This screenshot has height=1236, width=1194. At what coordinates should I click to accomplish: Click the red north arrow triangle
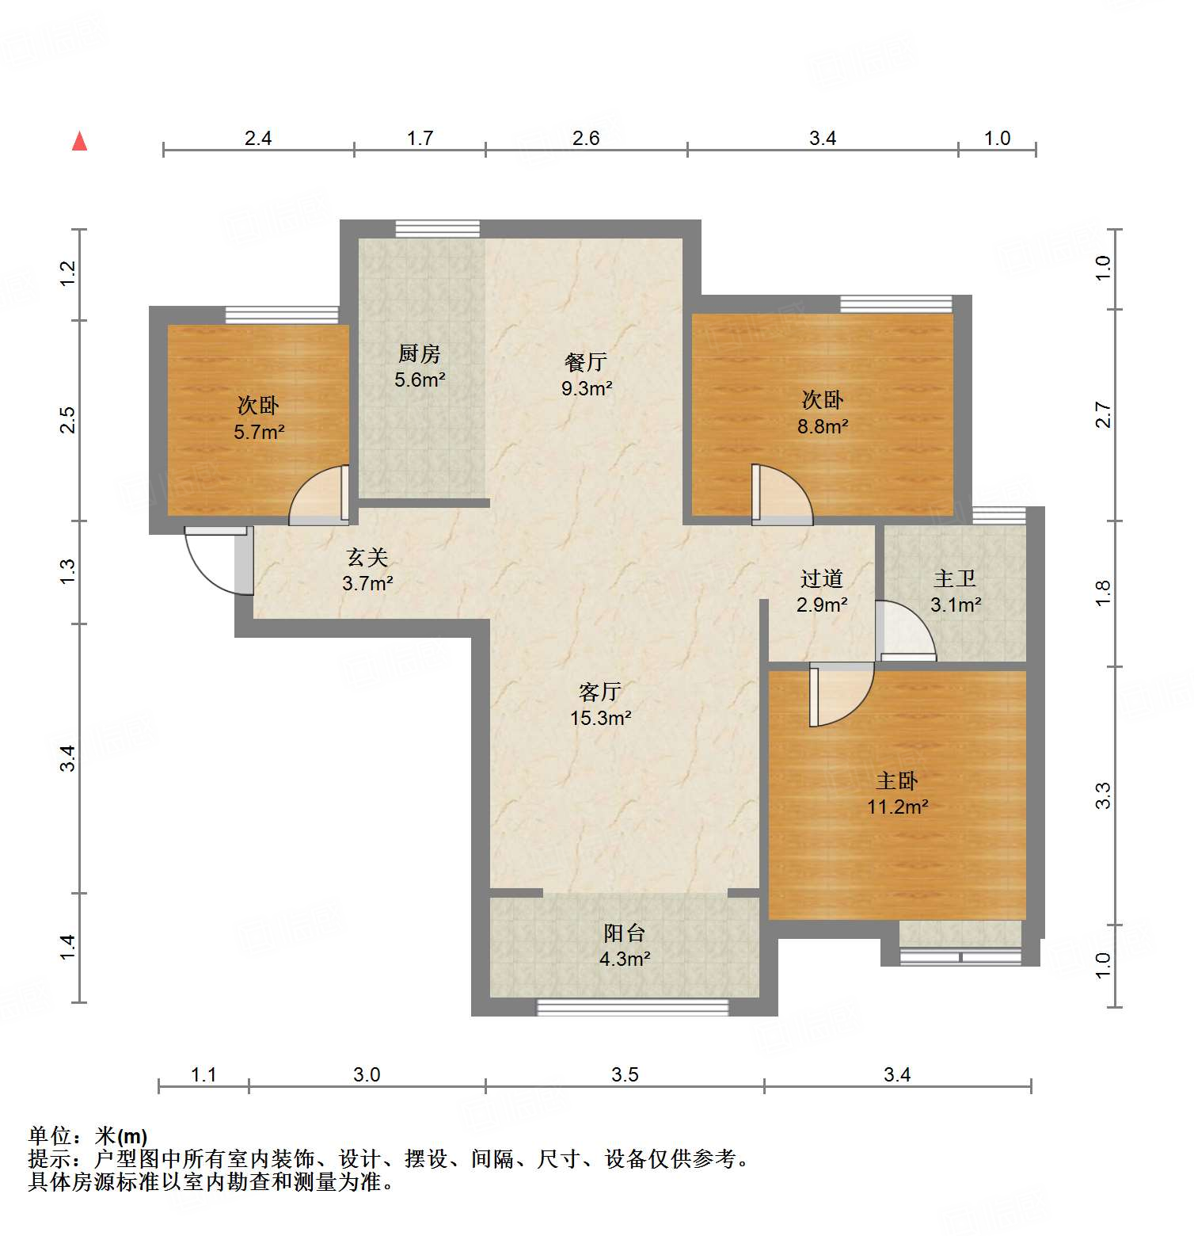click(79, 142)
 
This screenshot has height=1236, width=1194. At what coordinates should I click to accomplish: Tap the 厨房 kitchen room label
click(419, 353)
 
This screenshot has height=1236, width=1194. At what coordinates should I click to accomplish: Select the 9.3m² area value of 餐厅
click(587, 388)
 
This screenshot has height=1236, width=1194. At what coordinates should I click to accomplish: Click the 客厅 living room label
click(599, 692)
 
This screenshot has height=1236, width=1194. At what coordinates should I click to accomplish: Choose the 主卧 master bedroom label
click(896, 780)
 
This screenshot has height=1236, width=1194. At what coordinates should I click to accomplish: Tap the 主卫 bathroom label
click(955, 579)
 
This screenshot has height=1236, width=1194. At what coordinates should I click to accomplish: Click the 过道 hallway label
click(821, 579)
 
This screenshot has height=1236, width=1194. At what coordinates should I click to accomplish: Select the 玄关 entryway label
click(367, 558)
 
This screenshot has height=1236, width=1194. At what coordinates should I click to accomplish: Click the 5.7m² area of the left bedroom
click(259, 432)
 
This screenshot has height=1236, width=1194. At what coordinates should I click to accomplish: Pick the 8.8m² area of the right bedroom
click(823, 426)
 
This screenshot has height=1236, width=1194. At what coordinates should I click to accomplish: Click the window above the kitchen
click(437, 228)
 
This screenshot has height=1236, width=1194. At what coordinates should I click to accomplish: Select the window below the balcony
click(632, 1007)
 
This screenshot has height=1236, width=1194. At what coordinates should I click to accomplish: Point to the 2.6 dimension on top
click(586, 138)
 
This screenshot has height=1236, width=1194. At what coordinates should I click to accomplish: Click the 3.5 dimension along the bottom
click(625, 1074)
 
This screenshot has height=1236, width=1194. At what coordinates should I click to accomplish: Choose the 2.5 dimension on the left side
click(68, 419)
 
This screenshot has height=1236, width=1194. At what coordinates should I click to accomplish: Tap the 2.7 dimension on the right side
click(1103, 415)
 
